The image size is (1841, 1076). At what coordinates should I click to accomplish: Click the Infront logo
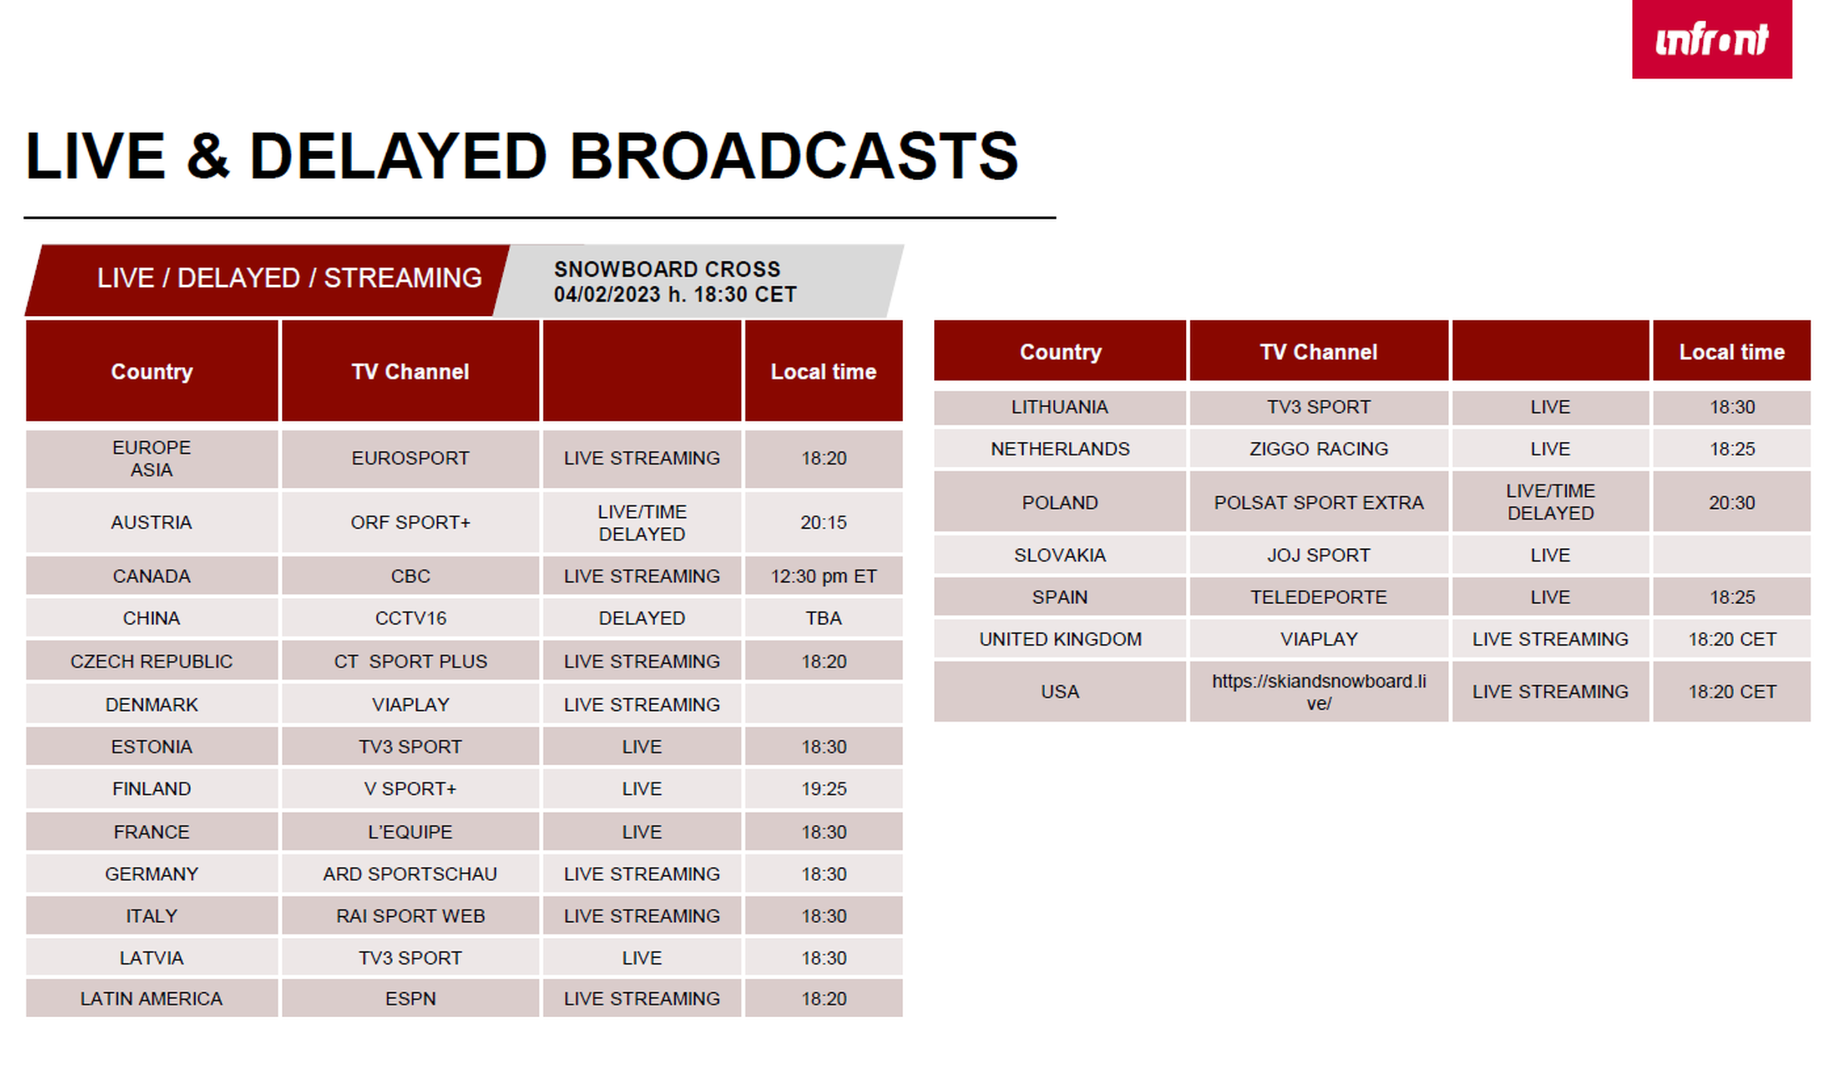click(x=1711, y=39)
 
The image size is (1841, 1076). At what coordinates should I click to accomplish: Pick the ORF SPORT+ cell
click(x=410, y=522)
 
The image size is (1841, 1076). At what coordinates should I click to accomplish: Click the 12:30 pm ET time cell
click(x=823, y=576)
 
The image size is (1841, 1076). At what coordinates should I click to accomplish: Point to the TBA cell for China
click(x=823, y=618)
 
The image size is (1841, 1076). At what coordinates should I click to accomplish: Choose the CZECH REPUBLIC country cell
click(x=151, y=661)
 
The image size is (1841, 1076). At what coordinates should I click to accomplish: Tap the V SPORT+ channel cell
click(x=410, y=789)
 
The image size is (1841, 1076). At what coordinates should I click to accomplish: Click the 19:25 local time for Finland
click(x=823, y=789)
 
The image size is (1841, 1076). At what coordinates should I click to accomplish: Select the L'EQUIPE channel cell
click(x=410, y=832)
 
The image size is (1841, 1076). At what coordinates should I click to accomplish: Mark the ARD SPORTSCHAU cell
click(x=410, y=874)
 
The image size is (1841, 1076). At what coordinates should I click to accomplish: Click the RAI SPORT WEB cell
click(x=410, y=916)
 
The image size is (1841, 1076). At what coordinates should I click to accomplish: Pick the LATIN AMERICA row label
click(x=151, y=999)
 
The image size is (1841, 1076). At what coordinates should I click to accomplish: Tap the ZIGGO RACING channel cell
click(x=1319, y=449)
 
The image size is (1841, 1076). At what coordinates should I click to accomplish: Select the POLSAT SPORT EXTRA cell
click(x=1319, y=503)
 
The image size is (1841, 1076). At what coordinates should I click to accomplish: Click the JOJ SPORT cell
click(x=1319, y=555)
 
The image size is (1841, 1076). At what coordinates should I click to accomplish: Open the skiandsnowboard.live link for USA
click(x=1319, y=692)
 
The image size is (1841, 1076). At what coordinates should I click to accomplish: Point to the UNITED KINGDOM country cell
click(x=1060, y=639)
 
